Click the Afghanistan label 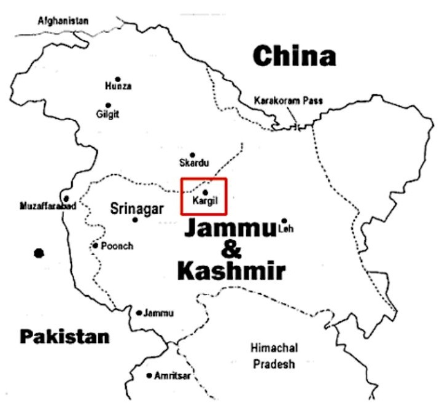pyautogui.click(x=63, y=21)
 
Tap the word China pyautogui.click(x=295, y=56)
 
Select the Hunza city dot pyautogui.click(x=117, y=79)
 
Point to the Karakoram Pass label pyautogui.click(x=288, y=101)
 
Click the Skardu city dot pyautogui.click(x=192, y=155)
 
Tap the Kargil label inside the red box pyautogui.click(x=205, y=201)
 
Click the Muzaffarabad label pyautogui.click(x=48, y=206)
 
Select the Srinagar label pyautogui.click(x=137, y=209)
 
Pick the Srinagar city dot pyautogui.click(x=134, y=220)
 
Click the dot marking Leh pyautogui.click(x=284, y=221)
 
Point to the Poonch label pyautogui.click(x=117, y=246)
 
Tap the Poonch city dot pyautogui.click(x=96, y=246)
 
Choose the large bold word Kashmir pyautogui.click(x=231, y=270)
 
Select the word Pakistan pyautogui.click(x=64, y=336)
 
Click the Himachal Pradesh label pyautogui.click(x=274, y=356)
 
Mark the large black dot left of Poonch pyautogui.click(x=39, y=253)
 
